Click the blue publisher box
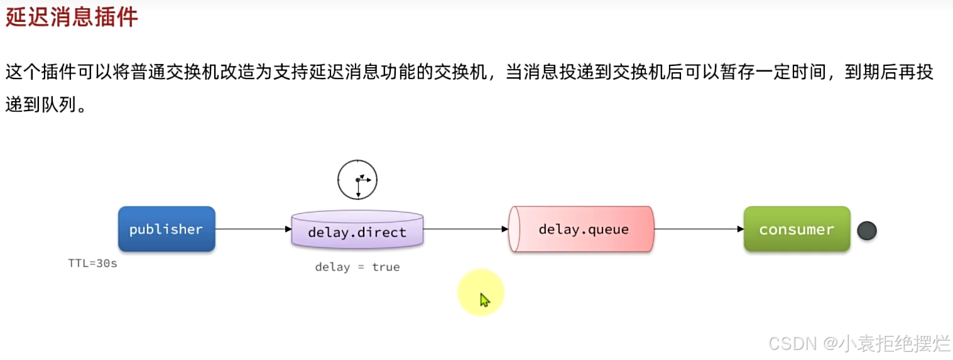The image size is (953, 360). coord(166,229)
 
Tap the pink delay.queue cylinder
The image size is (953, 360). coord(582,229)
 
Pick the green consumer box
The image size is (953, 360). coord(797,229)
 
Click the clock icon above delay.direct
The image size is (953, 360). coord(357,180)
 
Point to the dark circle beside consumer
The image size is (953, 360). coord(867,231)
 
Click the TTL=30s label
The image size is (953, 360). coord(92,264)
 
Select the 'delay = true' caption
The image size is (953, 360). coord(357,267)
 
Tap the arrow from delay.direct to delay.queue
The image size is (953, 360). coord(465,229)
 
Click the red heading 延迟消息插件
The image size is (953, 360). coord(72,17)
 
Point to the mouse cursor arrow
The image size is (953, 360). coord(484,300)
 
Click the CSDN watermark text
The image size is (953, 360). coord(792,343)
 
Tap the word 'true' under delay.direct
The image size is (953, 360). coord(386,267)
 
